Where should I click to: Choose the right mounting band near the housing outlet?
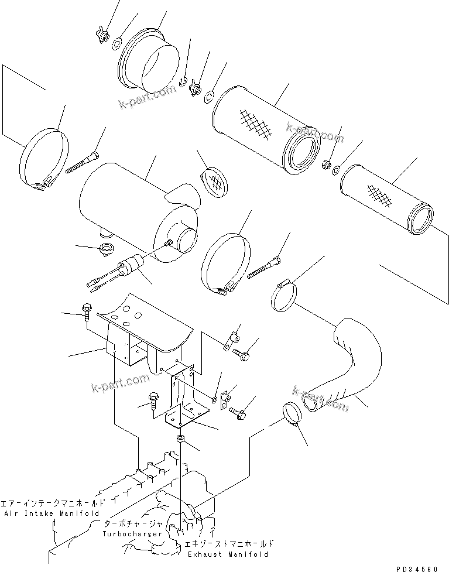tap(226, 264)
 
